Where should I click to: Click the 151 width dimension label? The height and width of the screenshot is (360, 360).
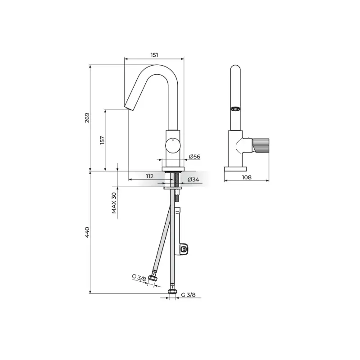tap(154, 55)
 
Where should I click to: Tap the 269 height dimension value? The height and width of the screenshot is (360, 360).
tap(87, 117)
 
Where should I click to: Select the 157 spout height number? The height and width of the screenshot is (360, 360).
tap(103, 140)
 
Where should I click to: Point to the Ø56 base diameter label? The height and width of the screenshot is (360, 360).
tap(194, 157)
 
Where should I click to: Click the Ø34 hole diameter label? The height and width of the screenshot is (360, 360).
tap(193, 180)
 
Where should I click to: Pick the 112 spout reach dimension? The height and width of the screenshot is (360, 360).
tap(150, 176)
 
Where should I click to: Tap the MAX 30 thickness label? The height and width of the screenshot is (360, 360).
tap(114, 203)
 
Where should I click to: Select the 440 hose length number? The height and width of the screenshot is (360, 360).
tap(87, 232)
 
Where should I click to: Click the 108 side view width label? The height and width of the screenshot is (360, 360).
tap(247, 177)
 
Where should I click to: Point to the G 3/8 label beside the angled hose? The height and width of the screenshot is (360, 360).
tap(139, 278)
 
